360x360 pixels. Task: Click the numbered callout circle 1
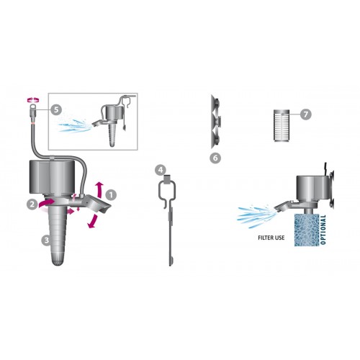click(111, 194)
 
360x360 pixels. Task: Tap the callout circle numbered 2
click(32, 204)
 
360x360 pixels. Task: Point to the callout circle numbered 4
click(161, 170)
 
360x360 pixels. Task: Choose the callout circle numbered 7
click(306, 114)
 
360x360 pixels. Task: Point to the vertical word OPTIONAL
click(323, 231)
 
